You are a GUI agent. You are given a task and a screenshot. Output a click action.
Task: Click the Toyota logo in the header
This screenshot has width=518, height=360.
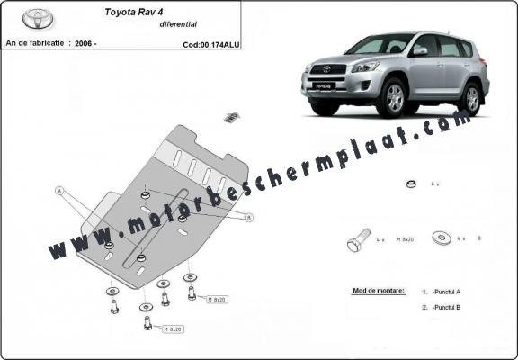(39, 18)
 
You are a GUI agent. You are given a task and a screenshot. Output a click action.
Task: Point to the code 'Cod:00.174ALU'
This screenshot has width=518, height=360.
(210, 42)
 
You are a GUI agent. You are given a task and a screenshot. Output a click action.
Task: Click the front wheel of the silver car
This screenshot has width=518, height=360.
(394, 100)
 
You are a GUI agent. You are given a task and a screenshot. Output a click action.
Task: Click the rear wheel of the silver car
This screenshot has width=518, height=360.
(469, 97)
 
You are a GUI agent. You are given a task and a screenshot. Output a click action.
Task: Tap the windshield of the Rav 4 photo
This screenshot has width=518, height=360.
(369, 45)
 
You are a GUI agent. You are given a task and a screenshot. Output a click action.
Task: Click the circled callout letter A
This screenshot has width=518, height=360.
(60, 191)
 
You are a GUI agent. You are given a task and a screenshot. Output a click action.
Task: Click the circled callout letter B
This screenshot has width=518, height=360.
(249, 217)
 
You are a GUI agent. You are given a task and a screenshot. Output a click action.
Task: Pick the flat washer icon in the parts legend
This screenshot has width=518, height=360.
(442, 238)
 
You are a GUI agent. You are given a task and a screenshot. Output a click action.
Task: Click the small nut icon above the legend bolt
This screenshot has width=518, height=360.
(410, 184)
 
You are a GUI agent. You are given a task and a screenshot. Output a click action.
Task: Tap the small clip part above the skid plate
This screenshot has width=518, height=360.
(231, 116)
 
